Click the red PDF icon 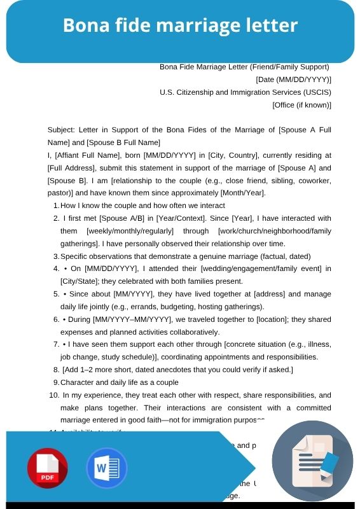(48, 468)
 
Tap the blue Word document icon (107, 468)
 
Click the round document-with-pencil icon (312, 461)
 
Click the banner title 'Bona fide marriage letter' (180, 25)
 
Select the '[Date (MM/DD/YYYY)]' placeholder (293, 80)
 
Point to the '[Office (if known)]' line (301, 104)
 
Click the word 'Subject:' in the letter (62, 130)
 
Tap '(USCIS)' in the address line (315, 92)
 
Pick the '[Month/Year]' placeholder (242, 193)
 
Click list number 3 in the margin (56, 256)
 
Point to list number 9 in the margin (56, 382)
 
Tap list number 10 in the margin (54, 395)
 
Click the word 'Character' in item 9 (77, 382)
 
